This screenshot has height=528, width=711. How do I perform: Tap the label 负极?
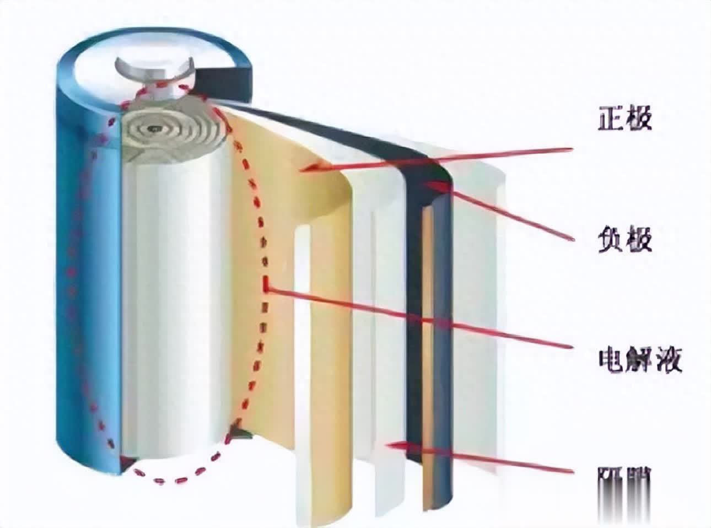(625, 239)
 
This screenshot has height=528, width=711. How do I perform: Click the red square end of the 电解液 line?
(267, 285)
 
